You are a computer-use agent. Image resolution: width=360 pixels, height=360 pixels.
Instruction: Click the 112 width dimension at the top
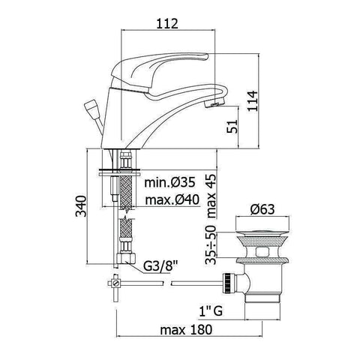169,24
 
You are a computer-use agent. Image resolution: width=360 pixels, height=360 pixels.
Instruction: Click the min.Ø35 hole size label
171,182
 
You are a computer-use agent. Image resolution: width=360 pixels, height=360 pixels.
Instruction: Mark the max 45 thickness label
211,191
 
